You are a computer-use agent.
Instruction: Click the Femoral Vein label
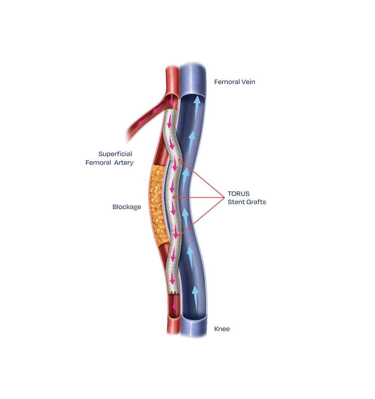pyautogui.click(x=234, y=82)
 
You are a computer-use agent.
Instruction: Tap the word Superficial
pyautogui.click(x=115, y=154)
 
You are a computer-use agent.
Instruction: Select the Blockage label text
pyautogui.click(x=127, y=207)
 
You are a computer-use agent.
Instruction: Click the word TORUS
pyautogui.click(x=238, y=194)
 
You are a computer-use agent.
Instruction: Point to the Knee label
pyautogui.click(x=222, y=329)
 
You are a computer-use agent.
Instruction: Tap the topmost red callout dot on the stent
pyautogui.click(x=180, y=160)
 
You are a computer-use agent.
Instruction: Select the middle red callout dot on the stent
pyautogui.click(x=174, y=197)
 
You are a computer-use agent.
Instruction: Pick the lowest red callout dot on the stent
pyautogui.click(x=180, y=235)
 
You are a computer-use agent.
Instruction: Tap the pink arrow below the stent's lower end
pyautogui.click(x=174, y=302)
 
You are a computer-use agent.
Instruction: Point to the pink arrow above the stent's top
pyautogui.click(x=171, y=100)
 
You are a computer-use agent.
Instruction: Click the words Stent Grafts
pyautogui.click(x=247, y=202)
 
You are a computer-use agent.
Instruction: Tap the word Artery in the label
pyautogui.click(x=124, y=163)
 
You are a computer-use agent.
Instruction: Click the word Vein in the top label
pyautogui.click(x=247, y=82)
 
